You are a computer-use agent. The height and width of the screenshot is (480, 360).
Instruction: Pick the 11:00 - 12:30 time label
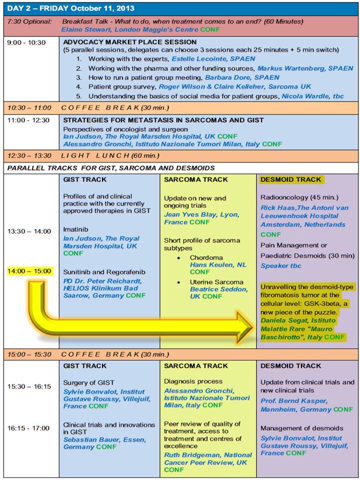click(28, 120)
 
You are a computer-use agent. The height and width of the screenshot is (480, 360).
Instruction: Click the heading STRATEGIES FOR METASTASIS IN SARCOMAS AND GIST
click(163, 120)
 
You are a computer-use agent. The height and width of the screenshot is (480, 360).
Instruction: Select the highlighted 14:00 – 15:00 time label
click(29, 271)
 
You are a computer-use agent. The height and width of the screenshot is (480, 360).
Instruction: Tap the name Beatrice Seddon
click(218, 289)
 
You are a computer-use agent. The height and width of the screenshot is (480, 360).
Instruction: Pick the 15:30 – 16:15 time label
click(28, 386)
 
